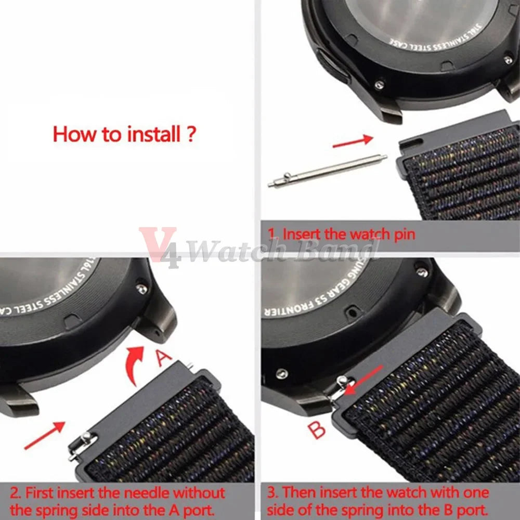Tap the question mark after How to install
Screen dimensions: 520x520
[x=190, y=134]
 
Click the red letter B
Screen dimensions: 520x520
[x=317, y=430]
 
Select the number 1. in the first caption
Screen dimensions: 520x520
[x=272, y=234]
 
